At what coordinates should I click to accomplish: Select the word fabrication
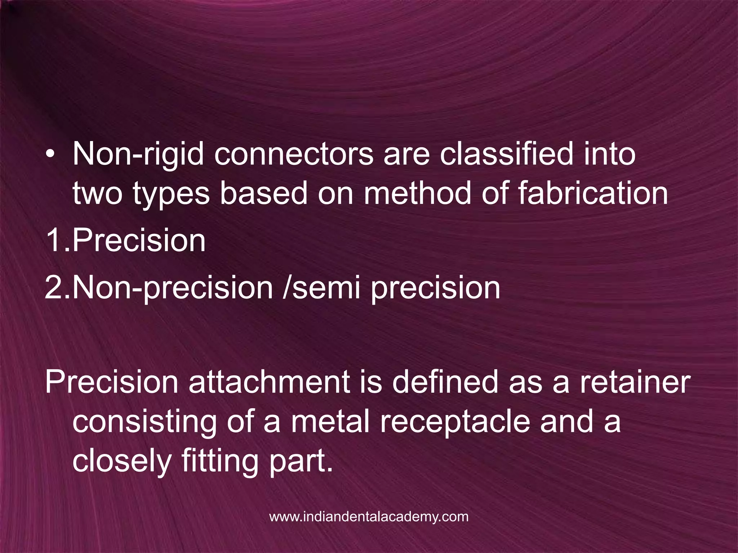coord(593,193)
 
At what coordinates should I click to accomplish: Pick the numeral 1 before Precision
coord(54,240)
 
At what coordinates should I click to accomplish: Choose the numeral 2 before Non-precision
coord(54,288)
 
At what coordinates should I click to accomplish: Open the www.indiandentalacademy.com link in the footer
coord(369,517)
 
